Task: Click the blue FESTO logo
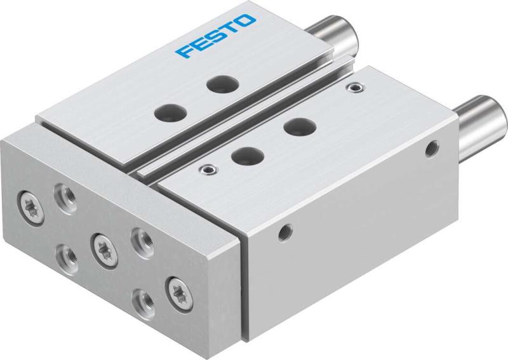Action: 217,36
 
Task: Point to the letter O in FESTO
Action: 247,21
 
